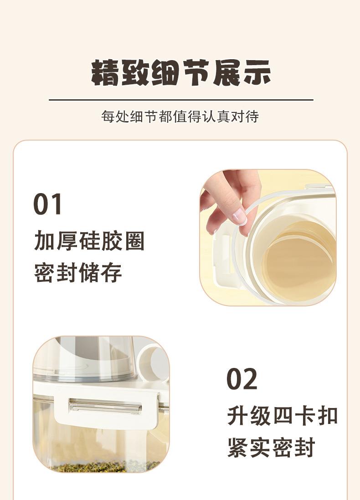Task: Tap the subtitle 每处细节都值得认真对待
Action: pyautogui.click(x=180, y=117)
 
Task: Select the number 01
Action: pyautogui.click(x=47, y=204)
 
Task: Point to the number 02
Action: pyautogui.click(x=242, y=378)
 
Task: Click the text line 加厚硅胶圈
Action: pyautogui.click(x=89, y=241)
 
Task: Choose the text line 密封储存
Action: pyautogui.click(x=78, y=273)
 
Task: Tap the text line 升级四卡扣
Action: pyautogui.click(x=283, y=415)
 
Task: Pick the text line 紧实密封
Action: pyautogui.click(x=271, y=447)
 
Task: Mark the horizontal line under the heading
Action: pyautogui.click(x=181, y=100)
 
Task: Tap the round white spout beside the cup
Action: pyautogui.click(x=153, y=360)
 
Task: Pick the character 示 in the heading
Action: pyautogui.click(x=257, y=73)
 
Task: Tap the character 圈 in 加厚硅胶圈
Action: pyautogui.click(x=134, y=241)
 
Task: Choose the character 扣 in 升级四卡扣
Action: pyautogui.click(x=328, y=415)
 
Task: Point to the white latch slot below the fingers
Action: pyautogui.click(x=225, y=255)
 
